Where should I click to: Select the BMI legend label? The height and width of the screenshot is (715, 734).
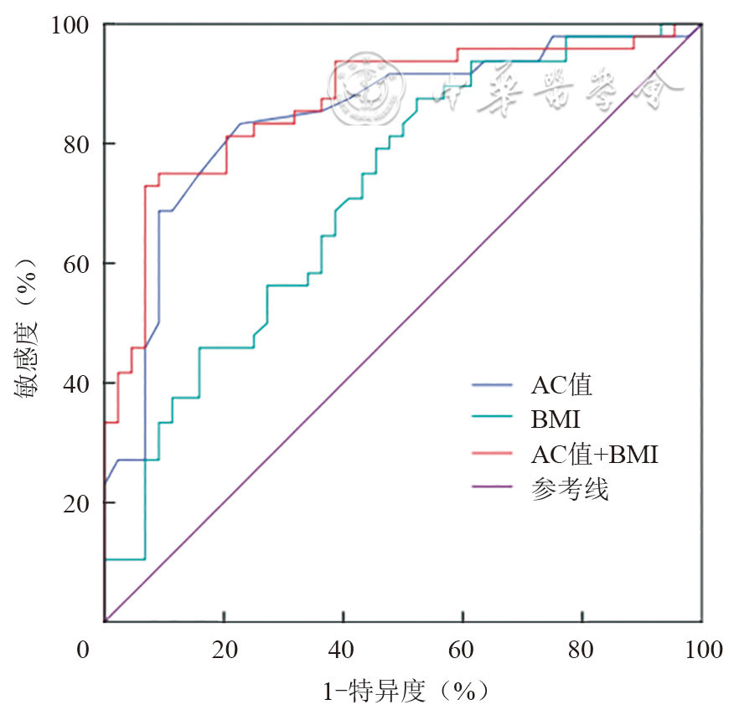(555, 420)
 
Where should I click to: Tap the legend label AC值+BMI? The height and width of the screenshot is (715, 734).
(594, 455)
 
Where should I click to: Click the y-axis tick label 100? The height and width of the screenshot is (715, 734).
(74, 25)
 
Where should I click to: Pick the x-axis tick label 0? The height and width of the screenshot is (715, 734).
(82, 650)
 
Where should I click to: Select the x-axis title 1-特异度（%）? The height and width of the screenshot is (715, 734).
(405, 692)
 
